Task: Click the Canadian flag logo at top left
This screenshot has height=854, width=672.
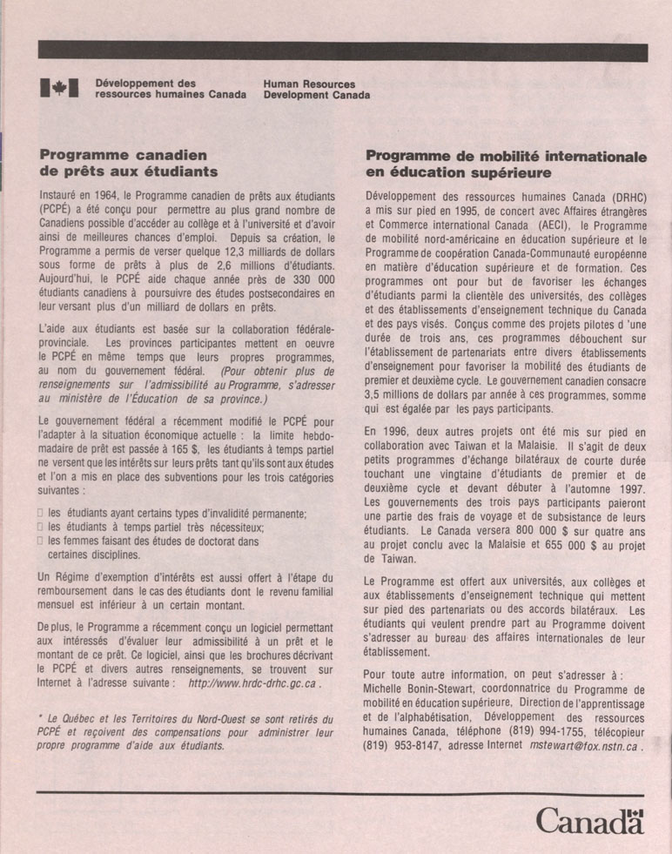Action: pyautogui.click(x=59, y=88)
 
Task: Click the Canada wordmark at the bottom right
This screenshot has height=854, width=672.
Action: pyautogui.click(x=589, y=820)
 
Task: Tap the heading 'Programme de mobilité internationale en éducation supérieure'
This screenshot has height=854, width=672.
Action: pyautogui.click(x=506, y=165)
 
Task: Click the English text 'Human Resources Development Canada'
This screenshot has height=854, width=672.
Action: pyautogui.click(x=316, y=90)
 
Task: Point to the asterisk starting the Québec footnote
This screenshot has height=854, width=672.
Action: pyautogui.click(x=42, y=719)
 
